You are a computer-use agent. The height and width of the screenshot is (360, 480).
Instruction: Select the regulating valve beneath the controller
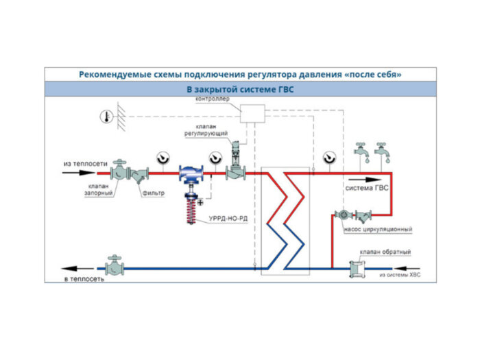[235, 165]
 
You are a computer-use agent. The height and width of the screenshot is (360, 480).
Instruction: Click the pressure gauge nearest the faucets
[330, 159]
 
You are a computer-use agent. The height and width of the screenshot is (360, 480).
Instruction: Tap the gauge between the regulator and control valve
[215, 159]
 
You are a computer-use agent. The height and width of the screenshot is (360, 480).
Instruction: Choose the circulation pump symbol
[343, 214]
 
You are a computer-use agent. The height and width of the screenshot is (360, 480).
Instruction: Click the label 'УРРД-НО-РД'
[223, 219]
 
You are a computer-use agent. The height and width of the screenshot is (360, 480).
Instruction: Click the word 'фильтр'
[154, 193]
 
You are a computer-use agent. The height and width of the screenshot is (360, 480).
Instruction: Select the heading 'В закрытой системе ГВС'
[240, 90]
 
